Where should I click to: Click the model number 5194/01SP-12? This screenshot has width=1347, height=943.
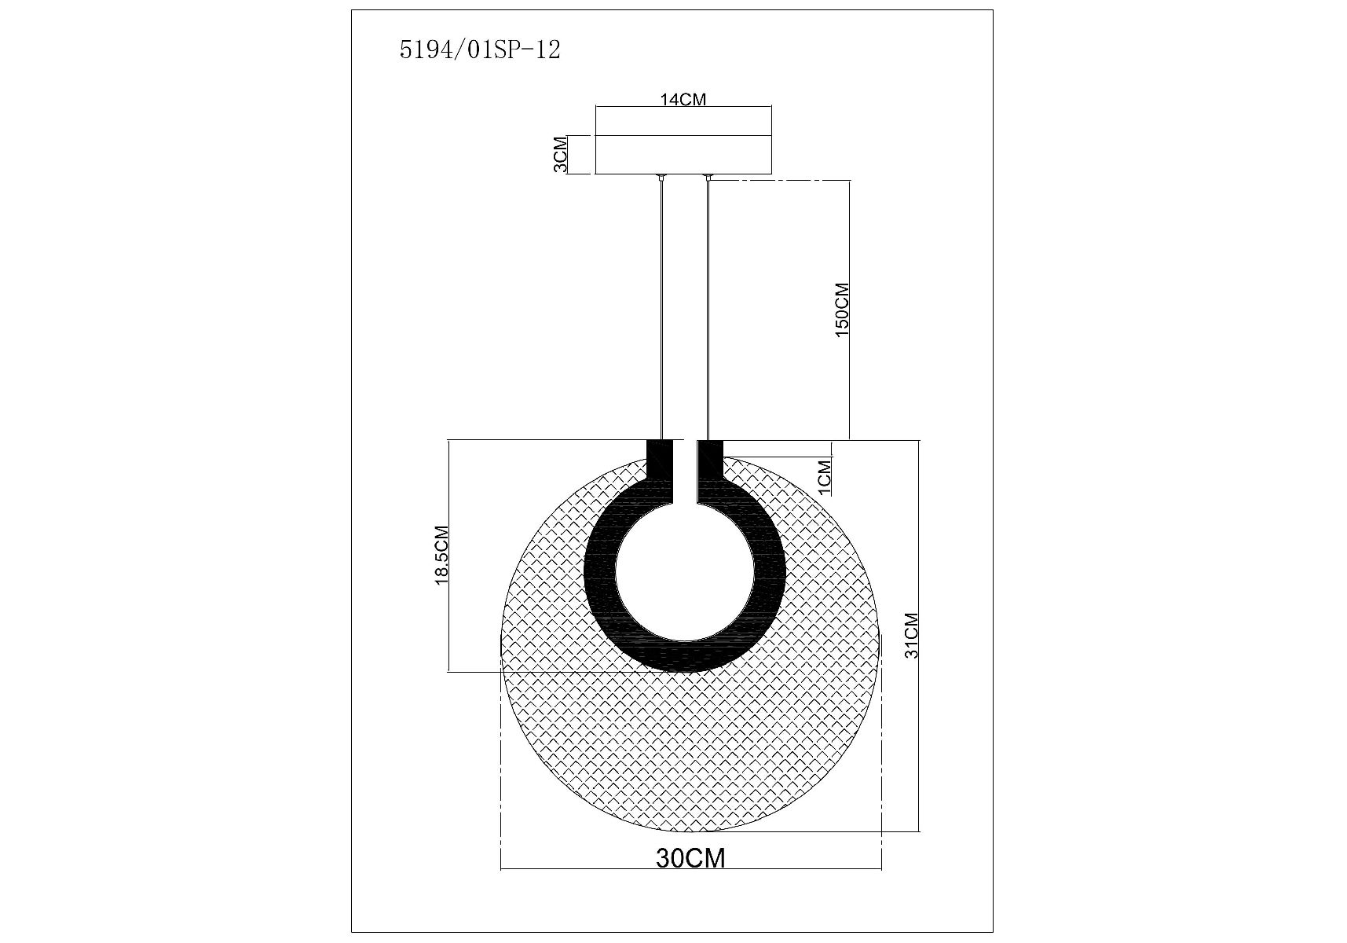pyautogui.click(x=480, y=50)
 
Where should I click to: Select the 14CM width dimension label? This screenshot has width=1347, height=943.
pyautogui.click(x=683, y=99)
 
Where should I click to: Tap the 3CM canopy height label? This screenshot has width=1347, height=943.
pyautogui.click(x=560, y=155)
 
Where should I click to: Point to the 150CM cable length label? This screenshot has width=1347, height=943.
pyautogui.click(x=842, y=310)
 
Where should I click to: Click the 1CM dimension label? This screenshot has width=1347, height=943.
pyautogui.click(x=824, y=478)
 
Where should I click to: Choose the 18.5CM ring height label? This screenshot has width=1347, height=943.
pyautogui.click(x=441, y=555)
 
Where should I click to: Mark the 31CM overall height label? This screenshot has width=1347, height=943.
pyautogui.click(x=911, y=635)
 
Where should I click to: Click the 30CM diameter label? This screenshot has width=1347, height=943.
pyautogui.click(x=690, y=858)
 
